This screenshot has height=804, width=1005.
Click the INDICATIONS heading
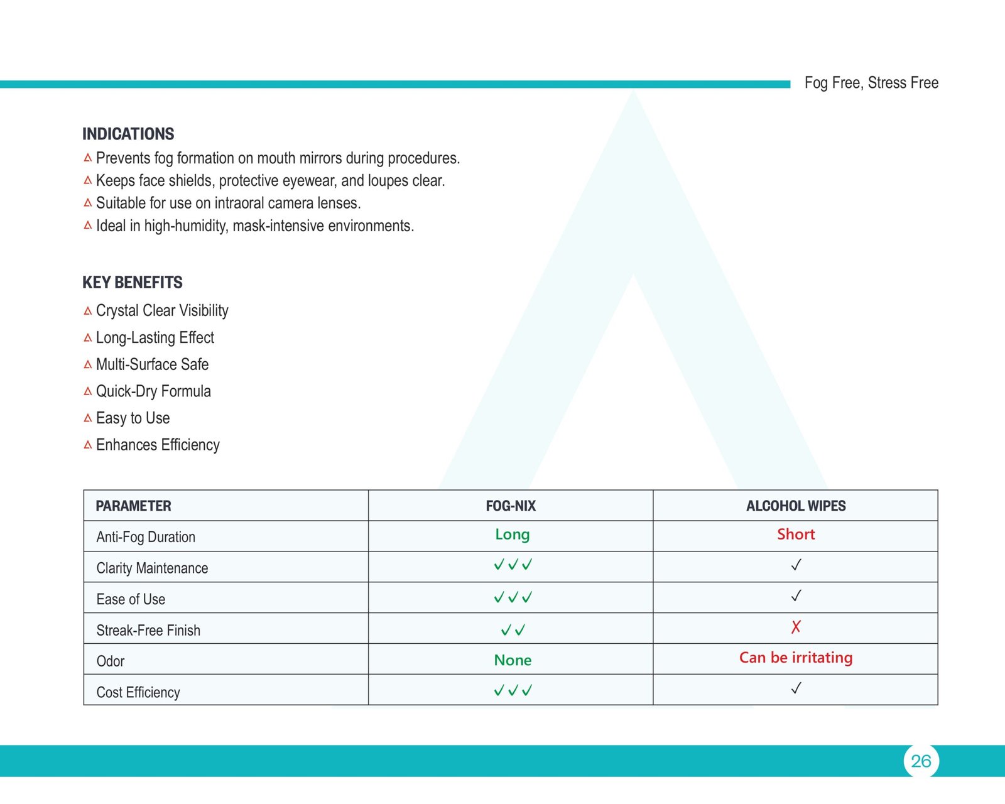click(128, 134)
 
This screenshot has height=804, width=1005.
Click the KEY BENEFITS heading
click(133, 283)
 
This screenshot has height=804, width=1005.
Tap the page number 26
click(921, 761)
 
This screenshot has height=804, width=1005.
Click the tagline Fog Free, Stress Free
click(871, 83)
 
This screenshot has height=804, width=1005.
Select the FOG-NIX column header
click(511, 506)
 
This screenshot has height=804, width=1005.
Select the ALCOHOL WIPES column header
click(796, 506)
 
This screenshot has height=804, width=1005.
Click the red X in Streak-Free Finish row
click(796, 627)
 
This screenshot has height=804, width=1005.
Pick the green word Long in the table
click(512, 535)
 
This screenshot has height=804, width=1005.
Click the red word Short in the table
click(796, 535)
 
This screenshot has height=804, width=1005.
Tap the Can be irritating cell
click(796, 658)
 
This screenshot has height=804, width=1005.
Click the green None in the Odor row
click(513, 660)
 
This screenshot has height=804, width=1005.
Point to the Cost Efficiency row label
click(138, 692)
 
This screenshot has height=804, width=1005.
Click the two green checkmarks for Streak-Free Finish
click(513, 629)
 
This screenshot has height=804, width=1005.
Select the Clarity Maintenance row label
click(152, 568)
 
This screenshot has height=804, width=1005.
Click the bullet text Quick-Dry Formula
click(153, 391)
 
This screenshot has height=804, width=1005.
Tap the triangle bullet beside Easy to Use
click(88, 418)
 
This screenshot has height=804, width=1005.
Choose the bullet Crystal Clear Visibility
click(162, 311)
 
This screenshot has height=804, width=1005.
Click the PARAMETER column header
click(133, 506)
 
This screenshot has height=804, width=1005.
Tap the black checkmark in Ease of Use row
click(796, 595)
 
